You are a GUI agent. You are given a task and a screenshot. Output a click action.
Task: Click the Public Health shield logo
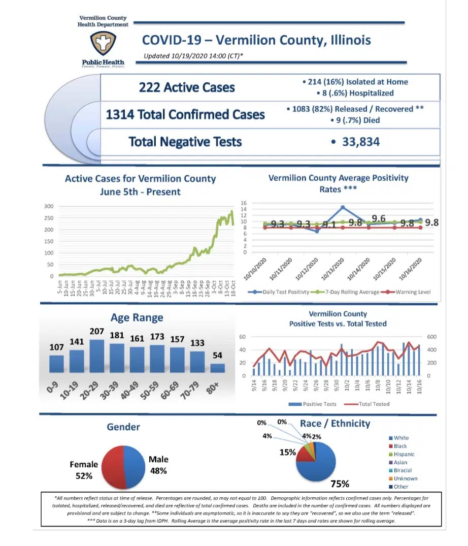[x=103, y=45]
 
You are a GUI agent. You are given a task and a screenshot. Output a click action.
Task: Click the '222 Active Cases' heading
[x=187, y=87]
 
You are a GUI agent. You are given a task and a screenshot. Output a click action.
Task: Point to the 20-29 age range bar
[x=96, y=356]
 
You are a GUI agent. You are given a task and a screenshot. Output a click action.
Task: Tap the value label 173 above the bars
[x=157, y=337]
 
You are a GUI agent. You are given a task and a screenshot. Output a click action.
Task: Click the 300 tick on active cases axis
[x=48, y=206]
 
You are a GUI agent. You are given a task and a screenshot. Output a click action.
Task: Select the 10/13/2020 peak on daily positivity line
[x=343, y=207]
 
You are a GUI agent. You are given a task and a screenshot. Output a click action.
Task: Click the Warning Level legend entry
[x=410, y=292]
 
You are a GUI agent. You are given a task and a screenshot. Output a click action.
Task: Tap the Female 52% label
[x=84, y=470]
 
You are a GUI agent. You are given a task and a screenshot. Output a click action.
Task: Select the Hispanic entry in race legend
[x=404, y=454]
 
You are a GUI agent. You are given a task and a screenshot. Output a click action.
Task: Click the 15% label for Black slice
[x=288, y=452]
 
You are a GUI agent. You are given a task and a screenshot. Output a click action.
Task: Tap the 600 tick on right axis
[x=431, y=337]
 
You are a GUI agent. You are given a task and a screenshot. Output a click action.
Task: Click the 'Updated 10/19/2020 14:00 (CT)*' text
[x=193, y=56]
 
